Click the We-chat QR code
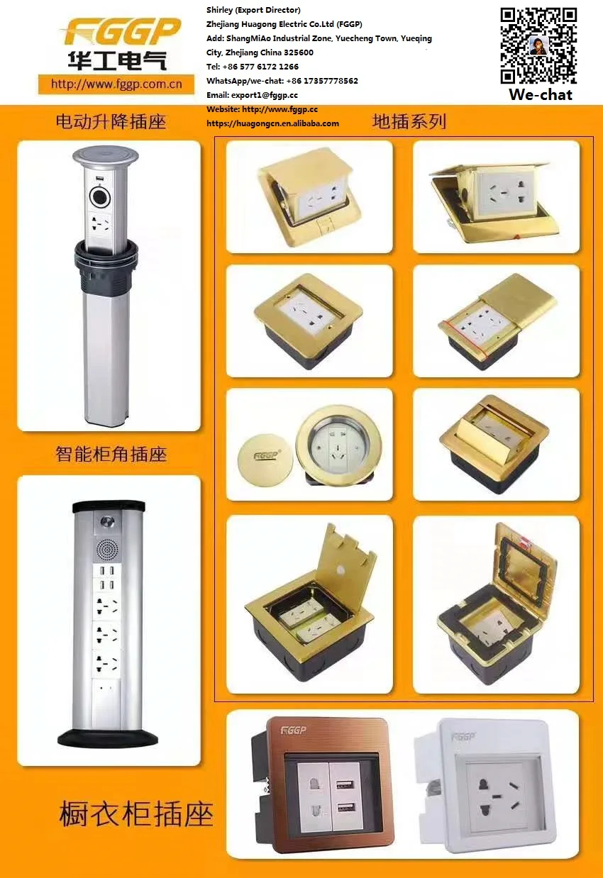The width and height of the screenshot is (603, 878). (538, 45)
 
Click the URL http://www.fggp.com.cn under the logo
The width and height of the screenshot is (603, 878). (116, 84)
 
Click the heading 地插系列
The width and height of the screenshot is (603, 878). (409, 121)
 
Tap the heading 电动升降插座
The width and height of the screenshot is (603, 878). (111, 122)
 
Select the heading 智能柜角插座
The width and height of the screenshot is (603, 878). (111, 454)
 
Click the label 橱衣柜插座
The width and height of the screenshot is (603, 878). (136, 814)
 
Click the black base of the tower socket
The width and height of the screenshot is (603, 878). (109, 737)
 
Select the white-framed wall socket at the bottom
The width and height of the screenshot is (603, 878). (497, 784)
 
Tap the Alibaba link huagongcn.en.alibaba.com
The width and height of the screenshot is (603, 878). (272, 123)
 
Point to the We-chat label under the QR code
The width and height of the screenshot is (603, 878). (540, 95)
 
